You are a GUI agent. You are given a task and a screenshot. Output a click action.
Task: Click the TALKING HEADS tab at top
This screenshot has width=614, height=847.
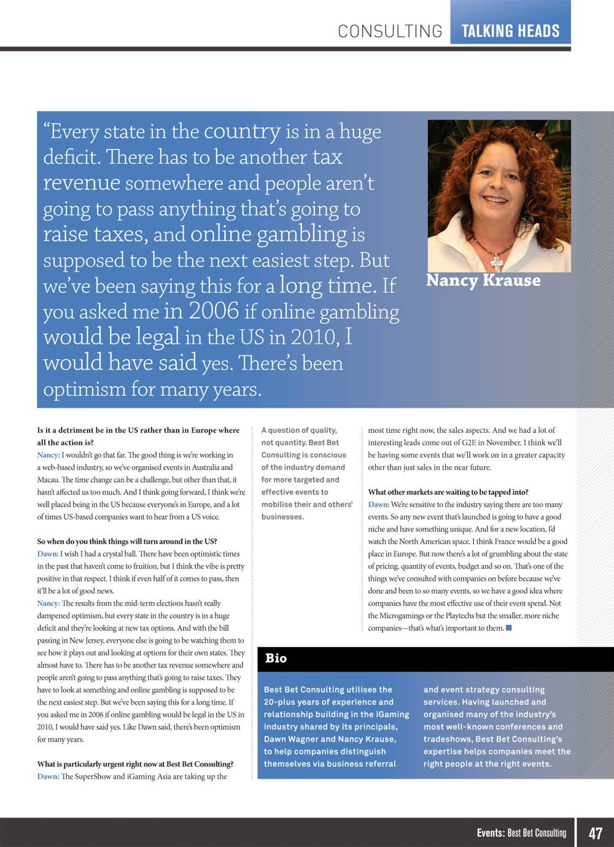click(510, 31)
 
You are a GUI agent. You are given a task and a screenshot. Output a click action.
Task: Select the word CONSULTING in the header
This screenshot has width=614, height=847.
click(390, 31)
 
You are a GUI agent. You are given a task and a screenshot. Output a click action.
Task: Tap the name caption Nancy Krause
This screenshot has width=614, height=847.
click(483, 280)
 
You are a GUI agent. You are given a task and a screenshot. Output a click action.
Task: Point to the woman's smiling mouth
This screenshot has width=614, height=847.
click(495, 199)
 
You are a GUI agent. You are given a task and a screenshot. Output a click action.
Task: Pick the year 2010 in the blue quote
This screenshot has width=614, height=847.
click(313, 337)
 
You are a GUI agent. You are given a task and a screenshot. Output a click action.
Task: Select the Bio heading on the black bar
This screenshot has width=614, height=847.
click(276, 658)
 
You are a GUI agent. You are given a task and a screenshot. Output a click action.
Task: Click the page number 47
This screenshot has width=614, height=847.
click(595, 833)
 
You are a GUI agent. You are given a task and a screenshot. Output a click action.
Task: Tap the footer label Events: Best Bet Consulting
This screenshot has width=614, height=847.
click(521, 833)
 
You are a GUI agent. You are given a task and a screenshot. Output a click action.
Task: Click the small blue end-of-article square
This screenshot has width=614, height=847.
click(508, 627)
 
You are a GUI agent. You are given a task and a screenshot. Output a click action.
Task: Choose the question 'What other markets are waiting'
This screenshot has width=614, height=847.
click(448, 492)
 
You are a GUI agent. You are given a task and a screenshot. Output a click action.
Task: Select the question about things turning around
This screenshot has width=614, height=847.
click(127, 542)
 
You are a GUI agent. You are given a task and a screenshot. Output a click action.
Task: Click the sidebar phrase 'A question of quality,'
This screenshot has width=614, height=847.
click(299, 430)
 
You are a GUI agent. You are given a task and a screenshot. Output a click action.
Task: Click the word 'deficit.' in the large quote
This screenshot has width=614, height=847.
click(71, 157)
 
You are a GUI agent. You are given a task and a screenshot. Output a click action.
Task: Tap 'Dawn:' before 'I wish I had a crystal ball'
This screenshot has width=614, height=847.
click(48, 554)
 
